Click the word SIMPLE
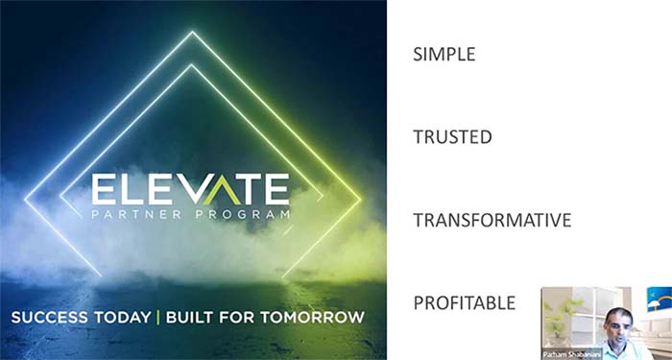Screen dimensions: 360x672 pos(444,54)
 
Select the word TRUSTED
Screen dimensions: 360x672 pos(452,137)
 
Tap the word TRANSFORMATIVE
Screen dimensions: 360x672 pos(492,221)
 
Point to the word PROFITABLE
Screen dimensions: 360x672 pos(464,303)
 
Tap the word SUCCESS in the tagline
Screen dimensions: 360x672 pos(49,316)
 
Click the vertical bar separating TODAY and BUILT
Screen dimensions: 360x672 pos(157,316)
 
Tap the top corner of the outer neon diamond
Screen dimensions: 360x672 pos(192,33)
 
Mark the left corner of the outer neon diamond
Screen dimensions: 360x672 pos(25,200)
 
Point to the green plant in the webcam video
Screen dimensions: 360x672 pos(561,312)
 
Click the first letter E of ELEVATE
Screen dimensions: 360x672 pos(104,188)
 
